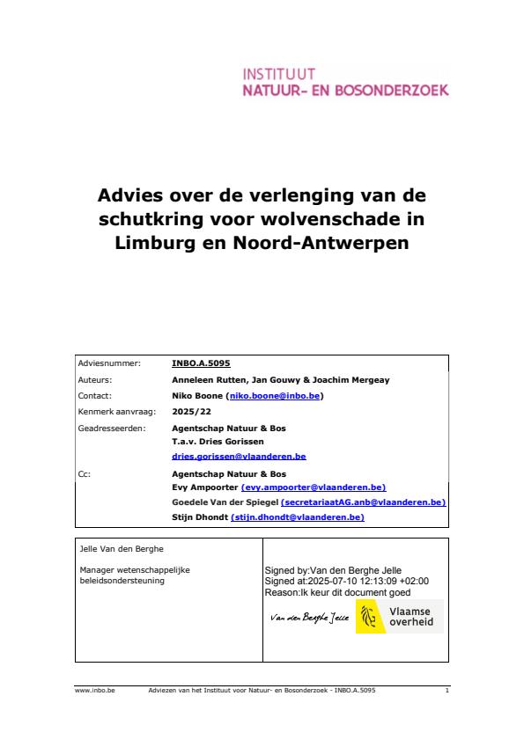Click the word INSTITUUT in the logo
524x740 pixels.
click(278, 73)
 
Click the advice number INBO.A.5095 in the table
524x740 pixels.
click(201, 362)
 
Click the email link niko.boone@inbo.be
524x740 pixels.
click(275, 396)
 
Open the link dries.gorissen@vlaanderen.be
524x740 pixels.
click(239, 458)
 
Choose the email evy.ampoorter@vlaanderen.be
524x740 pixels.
click(314, 487)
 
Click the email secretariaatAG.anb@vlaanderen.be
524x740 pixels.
click(363, 502)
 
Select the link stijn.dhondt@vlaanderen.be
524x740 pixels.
click(297, 517)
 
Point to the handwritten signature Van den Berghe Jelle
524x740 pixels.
click(307, 619)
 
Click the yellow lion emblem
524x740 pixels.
click(369, 617)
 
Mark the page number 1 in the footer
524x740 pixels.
click(447, 692)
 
